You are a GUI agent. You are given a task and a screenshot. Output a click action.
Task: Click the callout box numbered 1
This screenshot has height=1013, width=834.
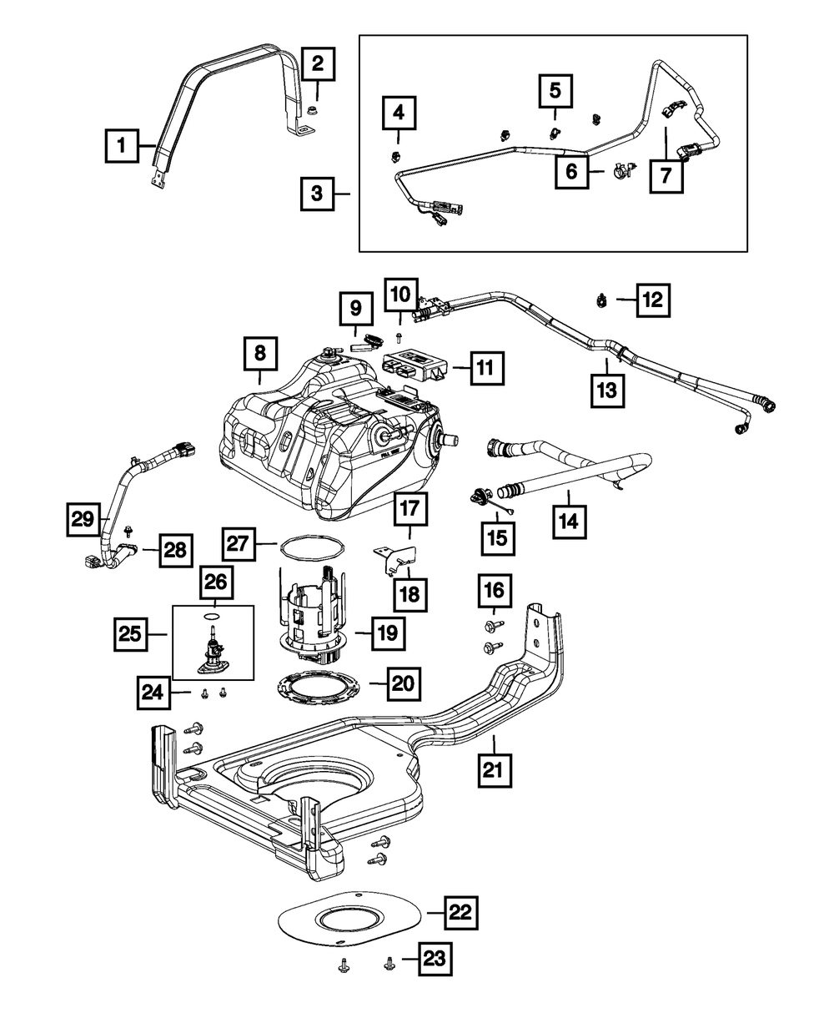click(x=122, y=145)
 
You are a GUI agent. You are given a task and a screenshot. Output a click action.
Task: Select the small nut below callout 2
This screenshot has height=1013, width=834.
click(x=314, y=112)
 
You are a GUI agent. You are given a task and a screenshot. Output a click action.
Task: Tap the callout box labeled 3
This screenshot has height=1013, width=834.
click(x=317, y=194)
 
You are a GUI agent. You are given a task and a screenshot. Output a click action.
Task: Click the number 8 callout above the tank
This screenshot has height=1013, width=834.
click(x=260, y=354)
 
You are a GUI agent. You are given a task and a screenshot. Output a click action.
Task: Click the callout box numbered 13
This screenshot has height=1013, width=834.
click(x=607, y=391)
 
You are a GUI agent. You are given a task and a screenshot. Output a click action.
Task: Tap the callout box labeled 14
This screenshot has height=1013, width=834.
click(x=570, y=522)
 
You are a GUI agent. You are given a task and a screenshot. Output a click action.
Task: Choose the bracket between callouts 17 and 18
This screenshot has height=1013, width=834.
click(x=394, y=559)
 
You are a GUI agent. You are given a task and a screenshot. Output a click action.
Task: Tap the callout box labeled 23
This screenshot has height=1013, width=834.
click(x=435, y=959)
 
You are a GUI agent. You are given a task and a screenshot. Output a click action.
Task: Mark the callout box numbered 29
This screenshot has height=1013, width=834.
click(x=83, y=519)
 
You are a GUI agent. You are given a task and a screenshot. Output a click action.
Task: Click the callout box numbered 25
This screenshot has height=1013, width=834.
click(x=130, y=634)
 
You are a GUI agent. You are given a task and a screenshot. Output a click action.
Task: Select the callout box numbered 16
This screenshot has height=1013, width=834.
click(x=495, y=591)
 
